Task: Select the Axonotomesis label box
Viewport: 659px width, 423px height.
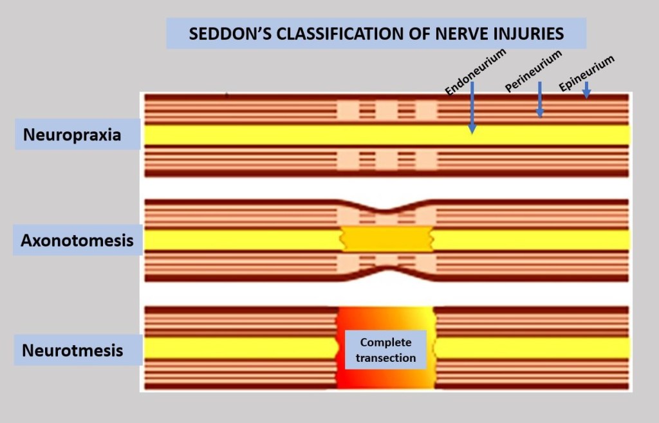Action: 77,240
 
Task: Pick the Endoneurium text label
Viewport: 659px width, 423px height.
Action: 476,71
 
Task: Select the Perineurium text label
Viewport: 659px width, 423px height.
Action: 534,70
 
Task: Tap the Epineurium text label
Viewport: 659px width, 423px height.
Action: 586,73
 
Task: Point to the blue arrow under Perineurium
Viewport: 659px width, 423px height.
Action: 539,100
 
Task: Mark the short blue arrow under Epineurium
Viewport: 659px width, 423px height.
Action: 586,90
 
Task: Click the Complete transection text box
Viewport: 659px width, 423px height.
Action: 385,350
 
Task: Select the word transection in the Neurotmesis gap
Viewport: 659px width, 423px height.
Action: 385,358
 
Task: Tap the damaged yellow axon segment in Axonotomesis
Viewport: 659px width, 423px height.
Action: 386,239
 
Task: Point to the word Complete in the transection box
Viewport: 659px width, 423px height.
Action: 385,342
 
